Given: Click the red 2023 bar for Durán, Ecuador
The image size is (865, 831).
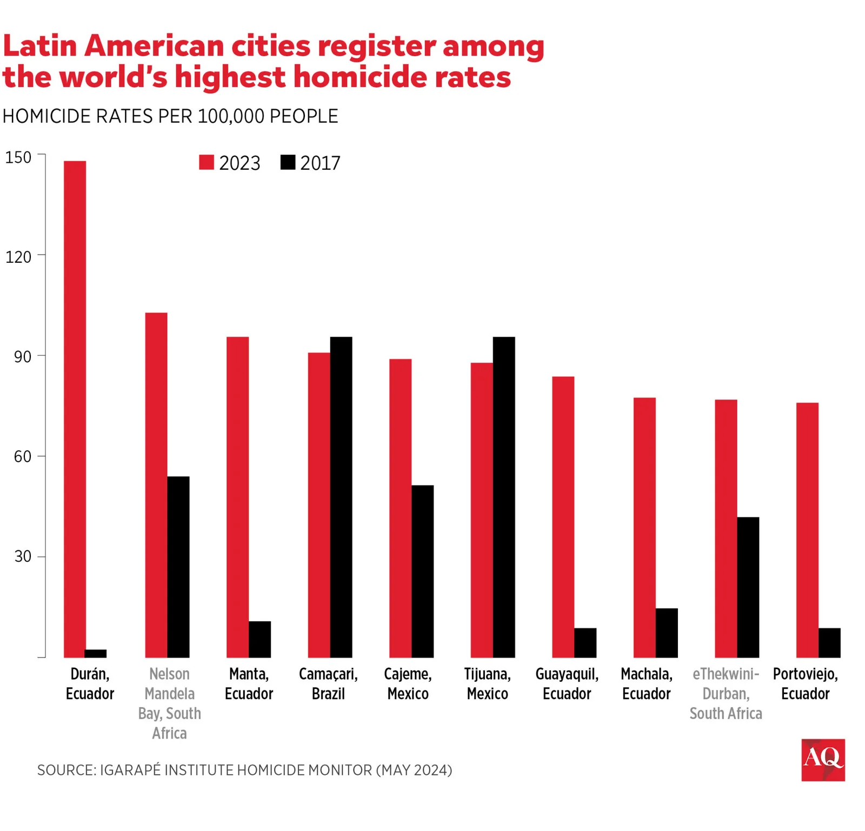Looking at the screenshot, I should click(x=75, y=409).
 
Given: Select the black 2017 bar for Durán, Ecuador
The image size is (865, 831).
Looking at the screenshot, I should click(x=96, y=653).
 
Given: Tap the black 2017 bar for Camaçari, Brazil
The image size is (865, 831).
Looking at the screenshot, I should click(x=341, y=497).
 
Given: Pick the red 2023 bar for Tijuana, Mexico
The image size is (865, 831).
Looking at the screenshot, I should click(x=481, y=510).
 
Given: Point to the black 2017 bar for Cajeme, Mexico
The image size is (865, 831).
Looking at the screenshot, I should click(x=422, y=571).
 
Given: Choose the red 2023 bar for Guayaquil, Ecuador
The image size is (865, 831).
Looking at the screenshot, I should click(x=563, y=517).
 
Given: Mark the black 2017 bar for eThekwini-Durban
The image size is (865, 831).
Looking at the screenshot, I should click(x=748, y=587).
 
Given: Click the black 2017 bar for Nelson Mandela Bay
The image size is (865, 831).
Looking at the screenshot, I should click(x=178, y=567).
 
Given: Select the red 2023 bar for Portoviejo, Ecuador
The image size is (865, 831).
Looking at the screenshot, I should click(x=807, y=530).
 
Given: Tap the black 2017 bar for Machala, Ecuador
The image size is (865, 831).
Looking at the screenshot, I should click(x=666, y=633).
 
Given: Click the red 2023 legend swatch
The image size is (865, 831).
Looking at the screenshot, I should click(x=207, y=162).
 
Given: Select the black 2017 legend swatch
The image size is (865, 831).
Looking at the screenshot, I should click(x=288, y=162).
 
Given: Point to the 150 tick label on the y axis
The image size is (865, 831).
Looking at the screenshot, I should click(x=18, y=157).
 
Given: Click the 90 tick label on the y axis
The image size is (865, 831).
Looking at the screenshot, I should click(x=23, y=357).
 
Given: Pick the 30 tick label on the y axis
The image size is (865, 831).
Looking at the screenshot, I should click(x=23, y=556).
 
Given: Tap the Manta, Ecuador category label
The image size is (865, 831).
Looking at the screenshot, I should click(x=249, y=683).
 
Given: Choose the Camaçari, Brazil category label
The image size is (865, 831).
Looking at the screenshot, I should click(x=328, y=683).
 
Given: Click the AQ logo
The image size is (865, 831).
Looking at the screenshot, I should click(x=822, y=759).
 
